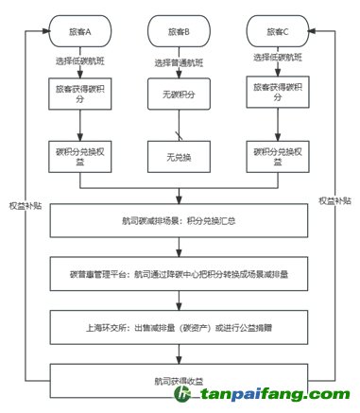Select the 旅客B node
[180, 32]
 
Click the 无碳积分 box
[180, 94]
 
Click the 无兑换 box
[180, 154]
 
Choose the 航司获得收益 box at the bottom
[180, 381]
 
